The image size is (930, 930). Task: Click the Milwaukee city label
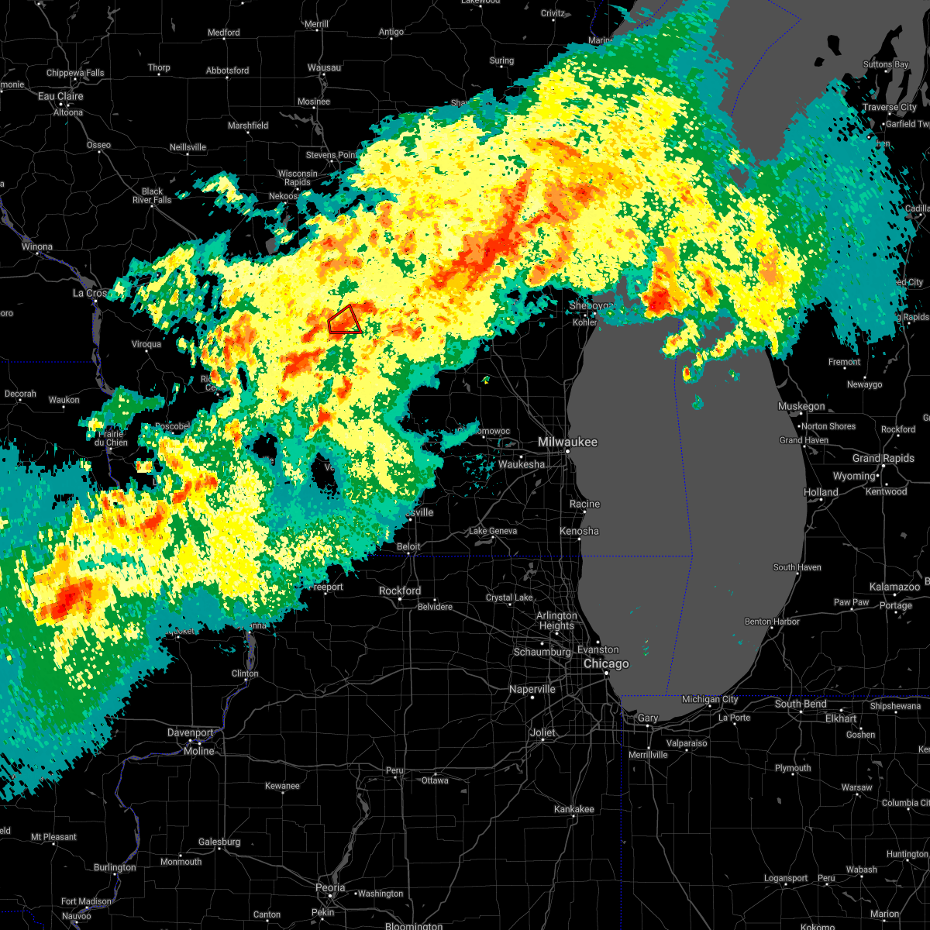tap(568, 441)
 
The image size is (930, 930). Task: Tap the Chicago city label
tap(606, 664)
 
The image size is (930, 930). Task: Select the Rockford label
tap(400, 591)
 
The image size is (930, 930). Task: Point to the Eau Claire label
tap(60, 96)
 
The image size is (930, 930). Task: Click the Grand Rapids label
tap(883, 458)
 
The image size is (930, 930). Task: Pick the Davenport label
tap(191, 732)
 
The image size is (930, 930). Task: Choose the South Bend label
tap(801, 704)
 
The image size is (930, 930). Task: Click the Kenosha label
tap(580, 531)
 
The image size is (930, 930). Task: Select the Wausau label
tap(324, 67)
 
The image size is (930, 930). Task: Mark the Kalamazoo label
tap(894, 587)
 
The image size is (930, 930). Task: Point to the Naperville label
tap(533, 689)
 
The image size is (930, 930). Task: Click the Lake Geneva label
tap(493, 531)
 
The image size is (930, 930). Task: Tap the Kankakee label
tap(574, 809)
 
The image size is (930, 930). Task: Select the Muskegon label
tap(801, 406)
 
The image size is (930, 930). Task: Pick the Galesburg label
tap(219, 842)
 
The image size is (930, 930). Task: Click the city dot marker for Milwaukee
tap(567, 451)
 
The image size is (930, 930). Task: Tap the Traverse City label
tap(890, 107)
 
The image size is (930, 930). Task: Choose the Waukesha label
tap(522, 464)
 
